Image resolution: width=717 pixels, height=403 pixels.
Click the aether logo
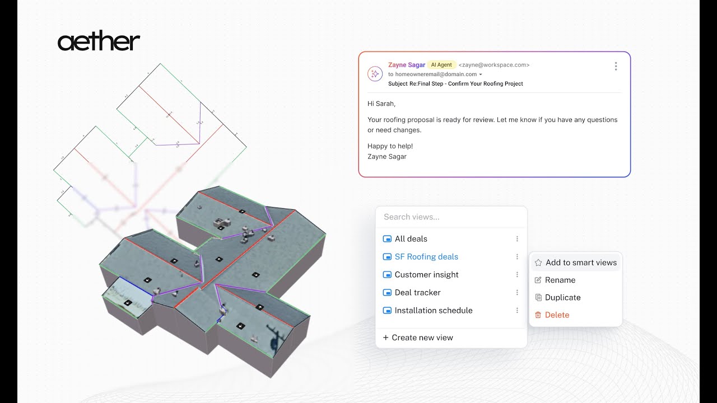coord(99,42)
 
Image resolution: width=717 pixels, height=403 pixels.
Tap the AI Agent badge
coord(441,65)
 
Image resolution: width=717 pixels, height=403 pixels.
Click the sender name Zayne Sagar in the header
coord(406,65)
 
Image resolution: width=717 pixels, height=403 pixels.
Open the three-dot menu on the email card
coord(616,66)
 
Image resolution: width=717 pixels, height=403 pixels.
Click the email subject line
coord(455,83)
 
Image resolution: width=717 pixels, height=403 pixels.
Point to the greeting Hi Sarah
coord(381,104)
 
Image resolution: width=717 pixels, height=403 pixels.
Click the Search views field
coord(451,217)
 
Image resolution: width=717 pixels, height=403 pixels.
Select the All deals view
coord(411,239)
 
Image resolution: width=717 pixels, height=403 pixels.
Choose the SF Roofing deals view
coord(426,257)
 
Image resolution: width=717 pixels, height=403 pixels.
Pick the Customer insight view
coord(426,275)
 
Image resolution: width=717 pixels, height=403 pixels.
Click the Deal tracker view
coord(417,293)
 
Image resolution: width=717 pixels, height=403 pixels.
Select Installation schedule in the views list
coord(433,311)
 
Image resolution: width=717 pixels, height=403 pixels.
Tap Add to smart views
coord(581,263)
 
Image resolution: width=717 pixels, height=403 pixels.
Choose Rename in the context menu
coord(560,280)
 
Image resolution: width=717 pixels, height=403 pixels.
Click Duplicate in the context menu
coord(562,297)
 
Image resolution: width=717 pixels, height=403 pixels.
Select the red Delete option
coord(557,315)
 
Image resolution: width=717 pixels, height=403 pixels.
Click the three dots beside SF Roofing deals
coord(517,257)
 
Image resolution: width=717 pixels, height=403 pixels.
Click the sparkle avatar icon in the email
coord(375,73)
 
